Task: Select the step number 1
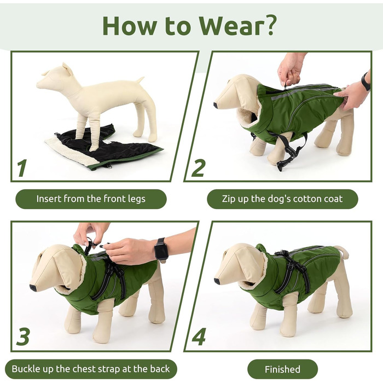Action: pos(22,168)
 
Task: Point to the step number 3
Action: pos(23,336)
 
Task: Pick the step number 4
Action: pos(199,336)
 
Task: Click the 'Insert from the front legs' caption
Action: pos(91,199)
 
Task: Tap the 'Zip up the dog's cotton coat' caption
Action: pos(282,199)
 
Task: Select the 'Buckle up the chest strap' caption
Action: pos(91,369)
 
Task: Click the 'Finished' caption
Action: pos(282,369)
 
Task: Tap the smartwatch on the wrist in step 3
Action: pos(161,249)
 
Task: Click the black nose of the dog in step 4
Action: pos(217,281)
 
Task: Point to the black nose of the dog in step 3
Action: pos(33,288)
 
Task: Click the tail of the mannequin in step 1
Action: pos(140,80)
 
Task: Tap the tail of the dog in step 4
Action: pos(344,252)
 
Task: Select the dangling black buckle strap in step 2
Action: pos(291,151)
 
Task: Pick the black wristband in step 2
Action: pos(365,82)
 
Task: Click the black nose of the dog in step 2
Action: pos(216,105)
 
